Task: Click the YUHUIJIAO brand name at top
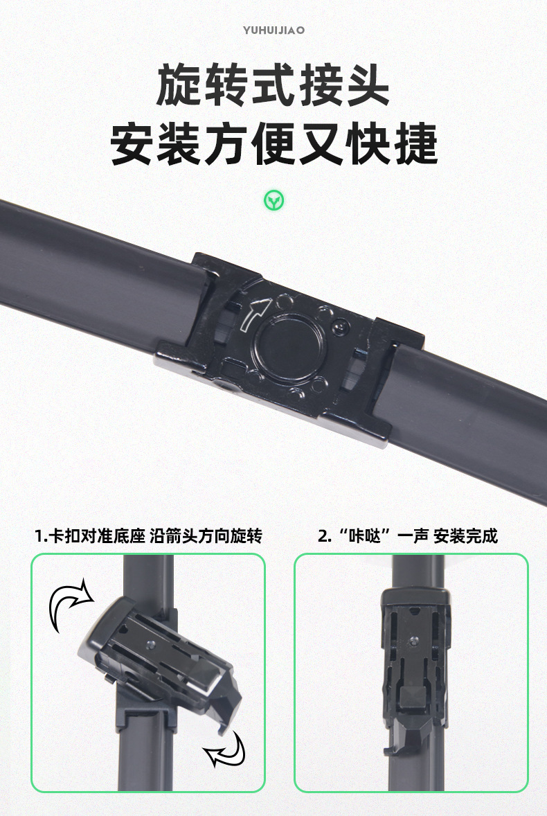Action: point(273,30)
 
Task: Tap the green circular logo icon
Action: point(274,201)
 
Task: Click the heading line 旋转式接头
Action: point(273,85)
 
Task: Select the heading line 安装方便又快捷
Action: point(273,143)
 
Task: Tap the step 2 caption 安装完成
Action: point(465,535)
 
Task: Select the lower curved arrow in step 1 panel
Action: point(227,747)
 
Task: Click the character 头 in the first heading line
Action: point(364,85)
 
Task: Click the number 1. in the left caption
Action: point(41,535)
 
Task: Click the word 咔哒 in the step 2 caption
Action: point(366,535)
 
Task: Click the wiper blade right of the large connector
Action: point(471,402)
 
